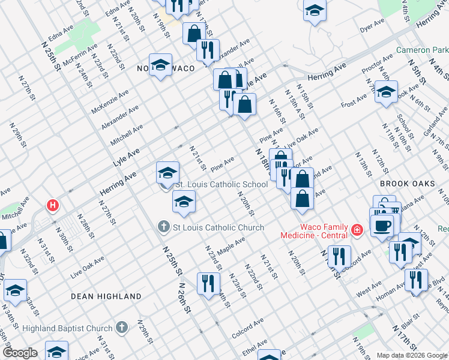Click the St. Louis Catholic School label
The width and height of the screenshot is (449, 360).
221,185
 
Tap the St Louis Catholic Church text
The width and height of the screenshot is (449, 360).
218,227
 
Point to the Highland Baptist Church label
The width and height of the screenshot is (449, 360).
67,328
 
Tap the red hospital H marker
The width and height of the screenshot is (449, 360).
53,206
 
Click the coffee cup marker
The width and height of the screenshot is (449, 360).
382,225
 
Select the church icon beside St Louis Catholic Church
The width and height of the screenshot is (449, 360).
162,227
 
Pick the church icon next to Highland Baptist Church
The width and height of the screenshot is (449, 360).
121,328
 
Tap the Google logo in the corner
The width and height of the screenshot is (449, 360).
19,353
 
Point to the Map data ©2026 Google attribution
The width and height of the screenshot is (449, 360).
412,355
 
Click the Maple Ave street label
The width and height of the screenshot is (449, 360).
232,245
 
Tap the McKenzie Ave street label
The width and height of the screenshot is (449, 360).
110,102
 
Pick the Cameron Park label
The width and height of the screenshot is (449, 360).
423,50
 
